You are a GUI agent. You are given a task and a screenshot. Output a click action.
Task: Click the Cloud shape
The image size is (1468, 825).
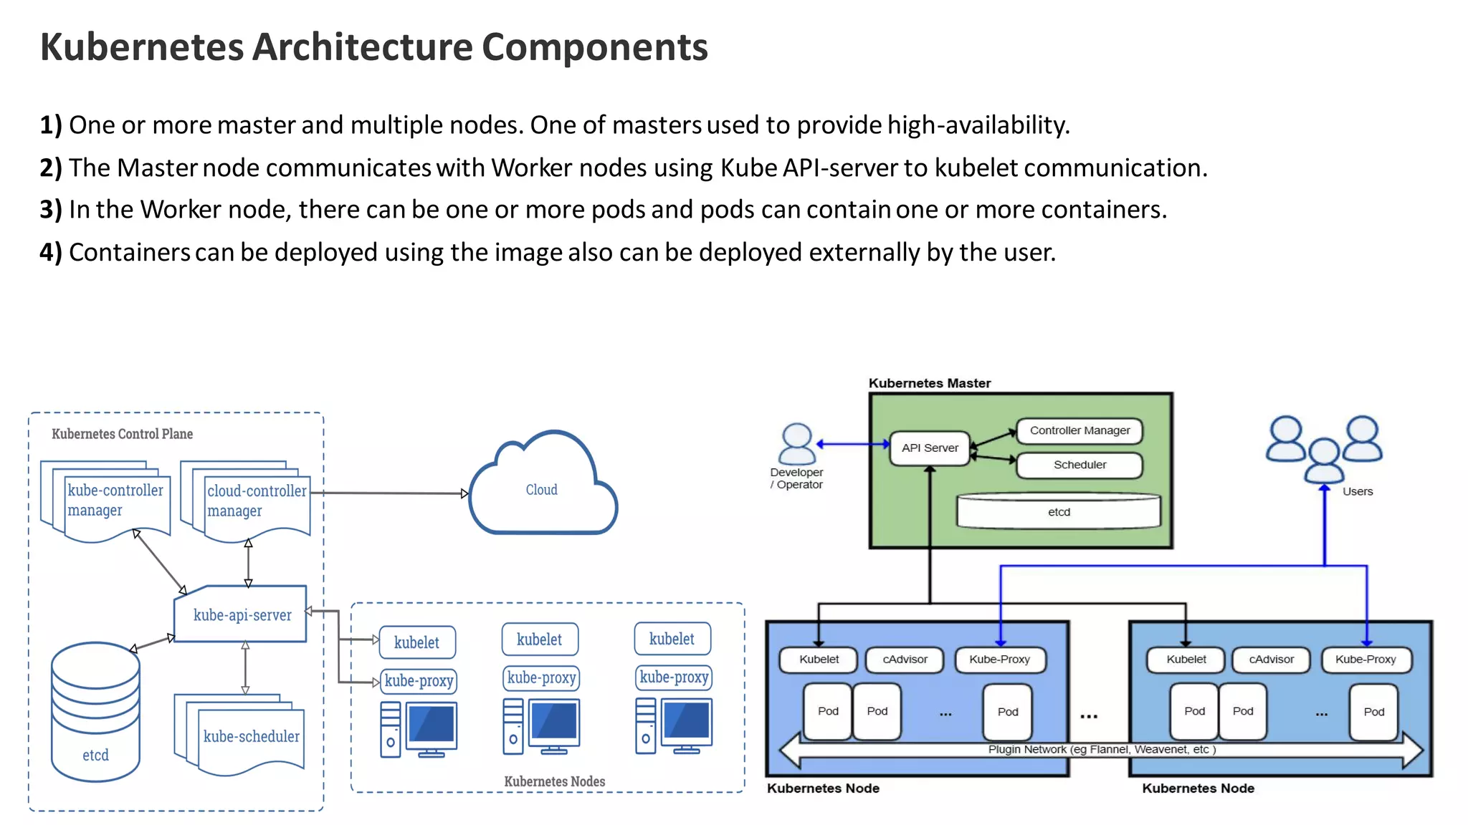pyautogui.click(x=542, y=490)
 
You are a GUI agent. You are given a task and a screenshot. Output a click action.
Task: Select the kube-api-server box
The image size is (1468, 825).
pyautogui.click(x=242, y=615)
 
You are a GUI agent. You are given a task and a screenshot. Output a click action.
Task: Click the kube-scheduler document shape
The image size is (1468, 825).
pyautogui.click(x=251, y=736)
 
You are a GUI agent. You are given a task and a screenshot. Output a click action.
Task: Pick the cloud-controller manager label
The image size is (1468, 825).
pyautogui.click(x=256, y=501)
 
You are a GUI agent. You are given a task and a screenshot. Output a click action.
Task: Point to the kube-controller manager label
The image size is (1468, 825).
pyautogui.click(x=115, y=500)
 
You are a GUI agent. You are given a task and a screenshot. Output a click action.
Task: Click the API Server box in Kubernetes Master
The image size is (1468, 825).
pyautogui.click(x=930, y=448)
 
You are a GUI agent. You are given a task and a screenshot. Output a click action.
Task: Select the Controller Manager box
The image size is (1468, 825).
pyautogui.click(x=1079, y=430)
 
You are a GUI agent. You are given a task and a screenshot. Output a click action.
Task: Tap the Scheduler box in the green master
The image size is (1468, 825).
pyautogui.click(x=1079, y=465)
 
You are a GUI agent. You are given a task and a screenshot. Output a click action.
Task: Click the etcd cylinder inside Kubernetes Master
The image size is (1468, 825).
pyautogui.click(x=1059, y=512)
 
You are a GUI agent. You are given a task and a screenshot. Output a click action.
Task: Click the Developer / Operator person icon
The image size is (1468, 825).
pyautogui.click(x=796, y=444)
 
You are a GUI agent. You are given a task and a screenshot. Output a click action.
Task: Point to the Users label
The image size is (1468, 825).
pyautogui.click(x=1357, y=491)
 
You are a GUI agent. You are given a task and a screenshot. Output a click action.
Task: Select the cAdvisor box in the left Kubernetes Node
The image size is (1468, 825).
pyautogui.click(x=905, y=660)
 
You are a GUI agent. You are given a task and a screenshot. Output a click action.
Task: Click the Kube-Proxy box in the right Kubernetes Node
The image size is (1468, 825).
pyautogui.click(x=1365, y=660)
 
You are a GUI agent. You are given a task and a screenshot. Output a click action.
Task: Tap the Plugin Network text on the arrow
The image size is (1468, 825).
pyautogui.click(x=1101, y=749)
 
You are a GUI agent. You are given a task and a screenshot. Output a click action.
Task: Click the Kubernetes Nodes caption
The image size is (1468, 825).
pyautogui.click(x=554, y=781)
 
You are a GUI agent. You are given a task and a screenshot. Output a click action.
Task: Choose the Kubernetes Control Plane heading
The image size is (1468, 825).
pyautogui.click(x=122, y=434)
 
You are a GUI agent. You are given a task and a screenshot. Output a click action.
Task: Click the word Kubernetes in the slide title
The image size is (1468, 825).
pyautogui.click(x=142, y=47)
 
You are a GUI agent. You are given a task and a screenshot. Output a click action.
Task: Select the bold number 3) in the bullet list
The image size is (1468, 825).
pyautogui.click(x=51, y=210)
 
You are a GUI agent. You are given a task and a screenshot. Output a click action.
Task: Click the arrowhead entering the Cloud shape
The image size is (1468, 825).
pyautogui.click(x=464, y=493)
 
